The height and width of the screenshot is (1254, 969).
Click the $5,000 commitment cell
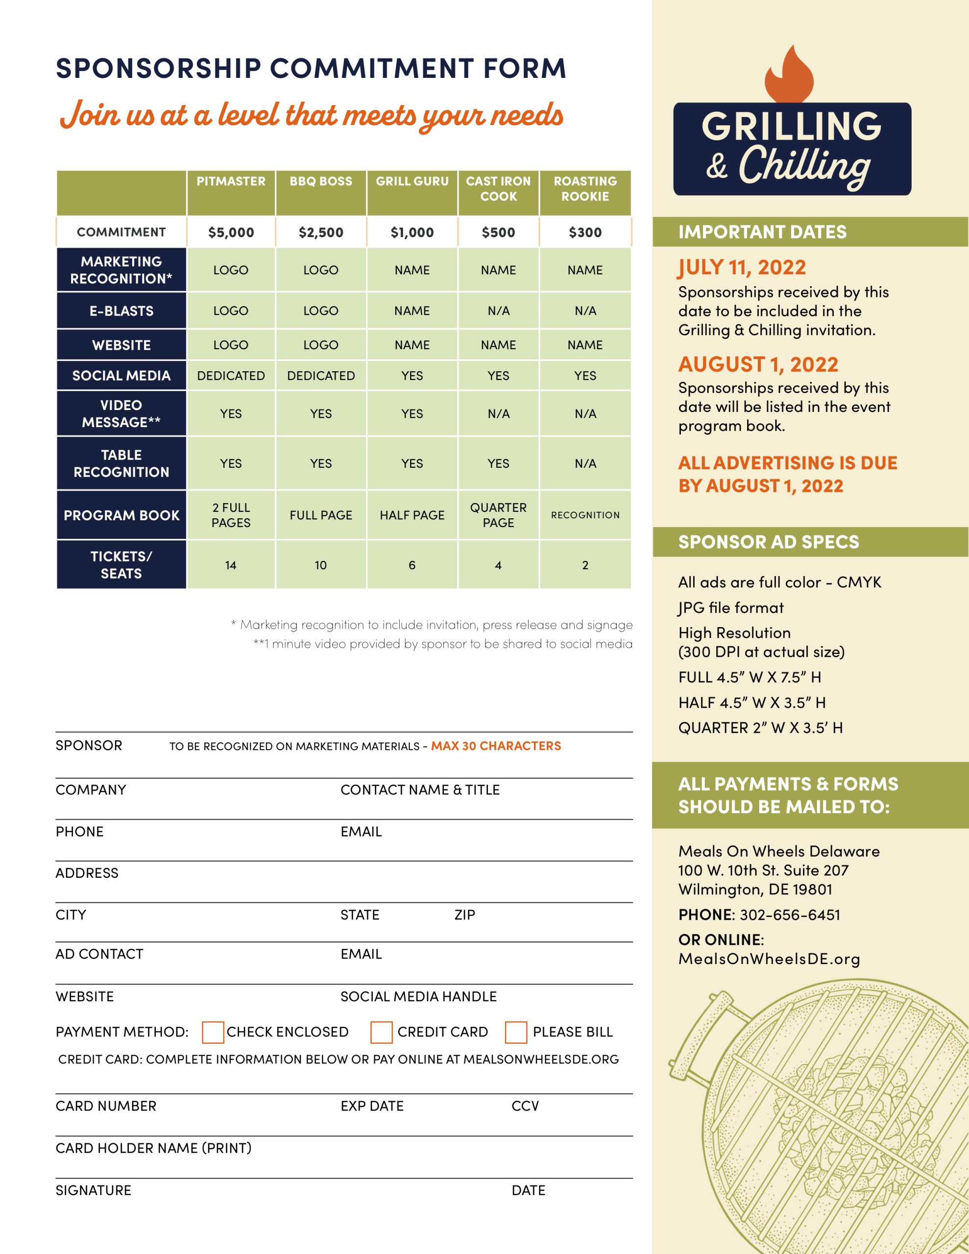tap(231, 233)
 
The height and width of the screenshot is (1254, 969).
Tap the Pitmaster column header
tap(231, 181)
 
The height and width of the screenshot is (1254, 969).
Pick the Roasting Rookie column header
tap(585, 189)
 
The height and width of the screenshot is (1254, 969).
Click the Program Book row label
tap(121, 516)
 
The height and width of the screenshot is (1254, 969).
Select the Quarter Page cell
tap(498, 515)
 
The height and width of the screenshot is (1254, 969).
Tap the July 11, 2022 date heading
tap(742, 267)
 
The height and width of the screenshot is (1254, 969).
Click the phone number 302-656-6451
tap(790, 915)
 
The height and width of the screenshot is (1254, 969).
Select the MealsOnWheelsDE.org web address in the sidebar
tap(769, 959)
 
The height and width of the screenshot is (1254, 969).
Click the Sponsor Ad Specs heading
tap(769, 542)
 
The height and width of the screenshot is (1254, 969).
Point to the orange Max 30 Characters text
tap(496, 746)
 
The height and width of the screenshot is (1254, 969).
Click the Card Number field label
tap(106, 1106)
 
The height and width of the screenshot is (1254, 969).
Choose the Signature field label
tap(94, 1190)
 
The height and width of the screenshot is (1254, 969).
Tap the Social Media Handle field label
tap(418, 996)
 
